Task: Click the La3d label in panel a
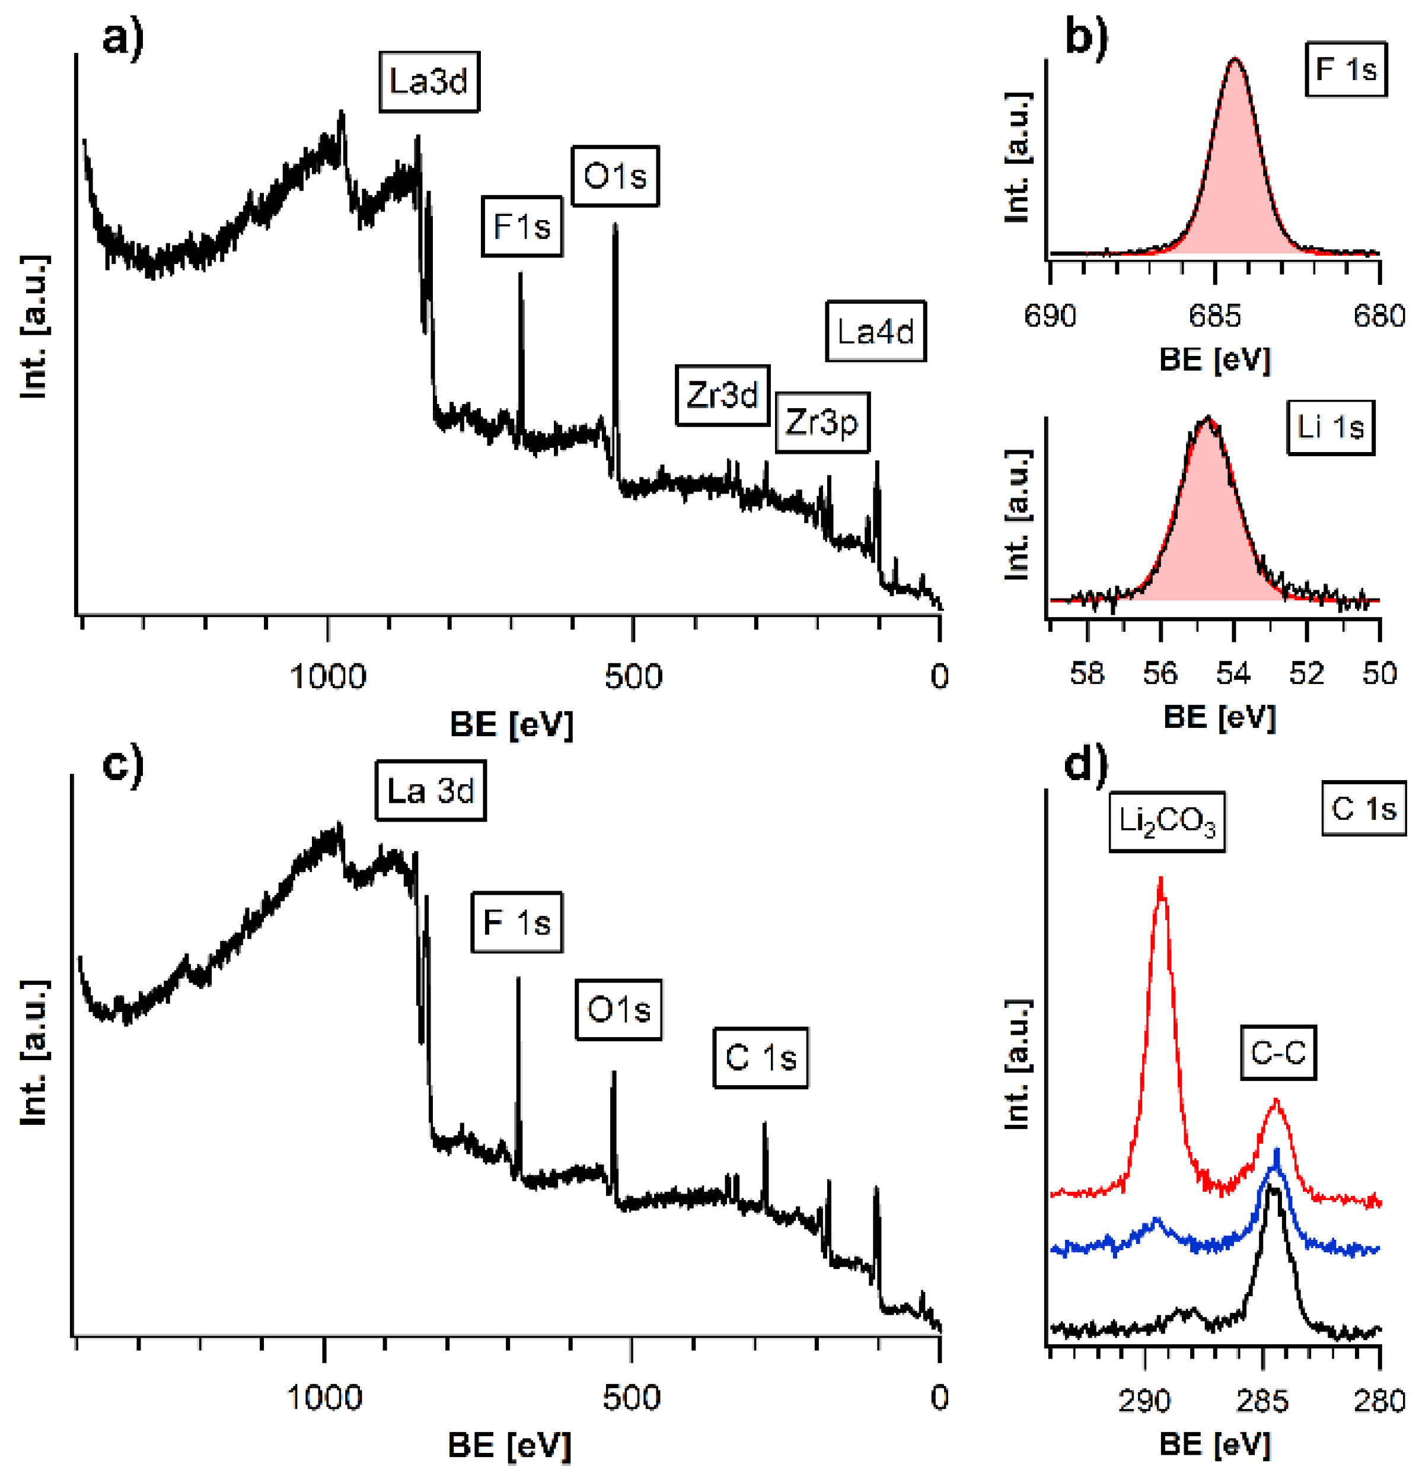(x=428, y=81)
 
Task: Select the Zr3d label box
(x=722, y=395)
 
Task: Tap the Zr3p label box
(x=821, y=422)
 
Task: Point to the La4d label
(x=875, y=332)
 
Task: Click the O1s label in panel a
(x=614, y=176)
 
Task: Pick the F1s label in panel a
(x=522, y=227)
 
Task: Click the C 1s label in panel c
(x=760, y=1058)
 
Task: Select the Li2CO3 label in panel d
(x=1166, y=822)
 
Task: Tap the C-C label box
(x=1277, y=1052)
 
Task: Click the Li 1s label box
(x=1330, y=427)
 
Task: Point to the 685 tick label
(x=1214, y=316)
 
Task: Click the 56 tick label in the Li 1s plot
(x=1159, y=673)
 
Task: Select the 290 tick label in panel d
(x=1144, y=1401)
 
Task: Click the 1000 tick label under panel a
(x=327, y=676)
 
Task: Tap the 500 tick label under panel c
(x=631, y=1398)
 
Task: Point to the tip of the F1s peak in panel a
(x=519, y=275)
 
